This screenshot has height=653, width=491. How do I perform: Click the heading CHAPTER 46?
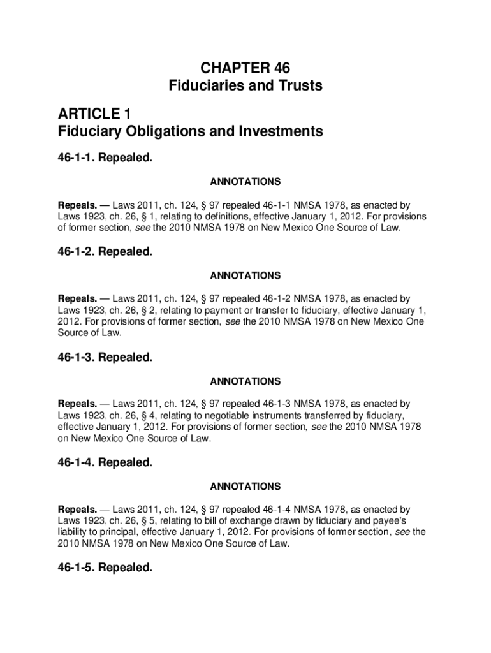pos(246,68)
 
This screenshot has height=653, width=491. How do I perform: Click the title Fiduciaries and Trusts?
pos(246,85)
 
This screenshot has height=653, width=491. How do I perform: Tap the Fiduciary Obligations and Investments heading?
pos(191,132)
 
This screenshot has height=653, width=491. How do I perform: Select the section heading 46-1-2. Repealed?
pos(105,252)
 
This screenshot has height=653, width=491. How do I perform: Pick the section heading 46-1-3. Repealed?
pos(105,358)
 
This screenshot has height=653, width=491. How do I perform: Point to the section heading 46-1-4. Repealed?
pos(105,463)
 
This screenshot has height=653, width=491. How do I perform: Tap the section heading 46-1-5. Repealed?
pos(105,568)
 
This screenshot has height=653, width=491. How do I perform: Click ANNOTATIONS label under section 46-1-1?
pos(246,182)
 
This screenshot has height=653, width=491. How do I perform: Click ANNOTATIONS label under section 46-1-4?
pos(246,487)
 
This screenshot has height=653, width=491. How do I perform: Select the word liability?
pos(75,532)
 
